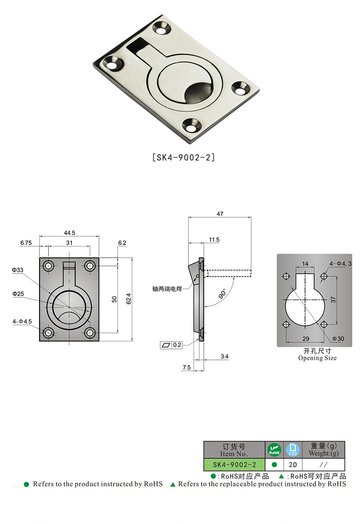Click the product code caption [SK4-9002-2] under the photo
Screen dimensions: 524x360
click(x=183, y=158)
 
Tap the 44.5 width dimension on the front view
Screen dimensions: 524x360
click(x=69, y=233)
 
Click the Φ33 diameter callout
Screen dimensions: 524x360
click(x=18, y=270)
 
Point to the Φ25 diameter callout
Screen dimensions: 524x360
click(x=18, y=294)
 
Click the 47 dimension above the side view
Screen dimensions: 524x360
click(x=220, y=215)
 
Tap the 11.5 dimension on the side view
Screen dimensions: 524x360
click(x=214, y=240)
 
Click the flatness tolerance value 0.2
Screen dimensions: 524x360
click(x=177, y=345)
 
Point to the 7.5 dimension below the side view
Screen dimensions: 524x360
click(x=187, y=367)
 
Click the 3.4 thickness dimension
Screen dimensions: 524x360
click(x=225, y=357)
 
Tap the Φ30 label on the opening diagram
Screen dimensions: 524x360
click(x=338, y=338)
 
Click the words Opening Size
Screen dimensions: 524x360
click(x=317, y=358)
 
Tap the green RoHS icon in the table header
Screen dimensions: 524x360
click(x=274, y=449)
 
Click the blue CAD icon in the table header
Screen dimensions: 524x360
click(x=292, y=449)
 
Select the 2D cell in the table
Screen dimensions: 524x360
click(x=292, y=465)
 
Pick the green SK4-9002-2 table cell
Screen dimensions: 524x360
click(x=234, y=465)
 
